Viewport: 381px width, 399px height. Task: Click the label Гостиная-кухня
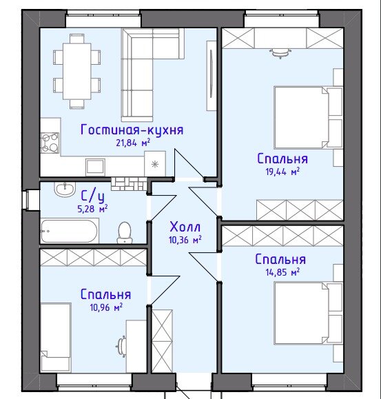(132, 130)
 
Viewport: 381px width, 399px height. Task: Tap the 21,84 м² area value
(133, 143)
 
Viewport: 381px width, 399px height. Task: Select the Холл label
(185, 227)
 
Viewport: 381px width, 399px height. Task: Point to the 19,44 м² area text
(282, 172)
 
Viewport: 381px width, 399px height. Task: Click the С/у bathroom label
(92, 196)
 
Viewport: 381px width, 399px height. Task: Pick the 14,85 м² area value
(282, 272)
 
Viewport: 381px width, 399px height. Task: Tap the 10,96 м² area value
(106, 307)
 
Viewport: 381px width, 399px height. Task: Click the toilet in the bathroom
(125, 233)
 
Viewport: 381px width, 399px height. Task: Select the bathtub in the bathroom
(70, 231)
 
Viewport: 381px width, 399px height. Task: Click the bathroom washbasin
(65, 190)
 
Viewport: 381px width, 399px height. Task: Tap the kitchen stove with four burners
(50, 143)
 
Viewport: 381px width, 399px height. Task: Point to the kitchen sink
(95, 167)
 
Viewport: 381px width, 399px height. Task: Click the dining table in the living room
(76, 71)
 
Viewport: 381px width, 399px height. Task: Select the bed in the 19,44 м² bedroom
(308, 118)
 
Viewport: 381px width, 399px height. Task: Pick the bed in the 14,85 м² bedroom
(308, 313)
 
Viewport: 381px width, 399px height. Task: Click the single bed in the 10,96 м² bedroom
(55, 337)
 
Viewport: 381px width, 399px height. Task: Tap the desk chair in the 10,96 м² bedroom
(121, 347)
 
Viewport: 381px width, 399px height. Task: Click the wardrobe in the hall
(162, 341)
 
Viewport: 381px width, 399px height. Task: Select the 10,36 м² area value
(185, 240)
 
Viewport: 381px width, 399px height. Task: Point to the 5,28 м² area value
(92, 209)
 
